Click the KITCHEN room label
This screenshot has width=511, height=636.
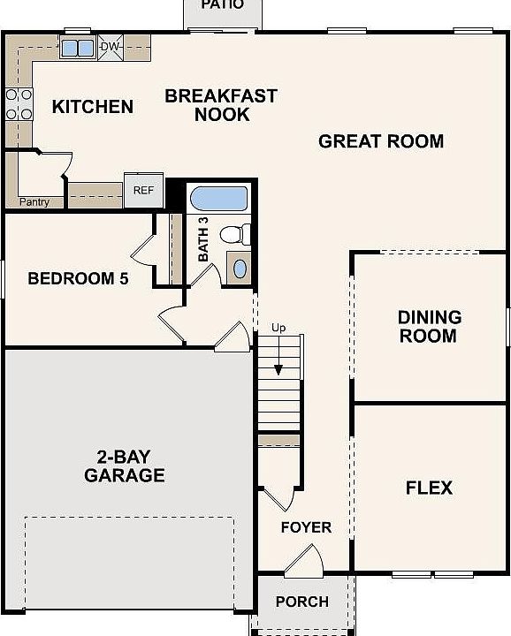(x=93, y=107)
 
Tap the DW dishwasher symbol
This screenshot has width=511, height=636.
(x=111, y=47)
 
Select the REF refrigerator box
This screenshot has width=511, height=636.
(x=144, y=190)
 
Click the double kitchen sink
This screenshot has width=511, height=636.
(x=78, y=49)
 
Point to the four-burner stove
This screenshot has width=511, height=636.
(x=19, y=104)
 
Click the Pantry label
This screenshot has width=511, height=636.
(x=34, y=201)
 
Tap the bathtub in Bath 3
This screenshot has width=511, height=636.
(x=218, y=199)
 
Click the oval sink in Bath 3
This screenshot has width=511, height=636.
(x=240, y=269)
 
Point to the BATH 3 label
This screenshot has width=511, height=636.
(x=203, y=239)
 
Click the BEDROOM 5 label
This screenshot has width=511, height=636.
(x=78, y=278)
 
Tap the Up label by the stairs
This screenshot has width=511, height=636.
(x=278, y=328)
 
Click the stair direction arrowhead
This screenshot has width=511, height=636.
(x=278, y=370)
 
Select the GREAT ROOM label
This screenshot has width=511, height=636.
(x=381, y=141)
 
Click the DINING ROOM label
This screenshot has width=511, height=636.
(x=430, y=327)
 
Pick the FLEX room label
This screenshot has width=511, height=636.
(x=429, y=488)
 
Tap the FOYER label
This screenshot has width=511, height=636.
(x=306, y=527)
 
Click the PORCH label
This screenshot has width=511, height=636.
(x=302, y=602)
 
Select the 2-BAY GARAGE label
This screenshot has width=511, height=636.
(x=124, y=466)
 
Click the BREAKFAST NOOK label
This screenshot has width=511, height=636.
(x=221, y=105)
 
